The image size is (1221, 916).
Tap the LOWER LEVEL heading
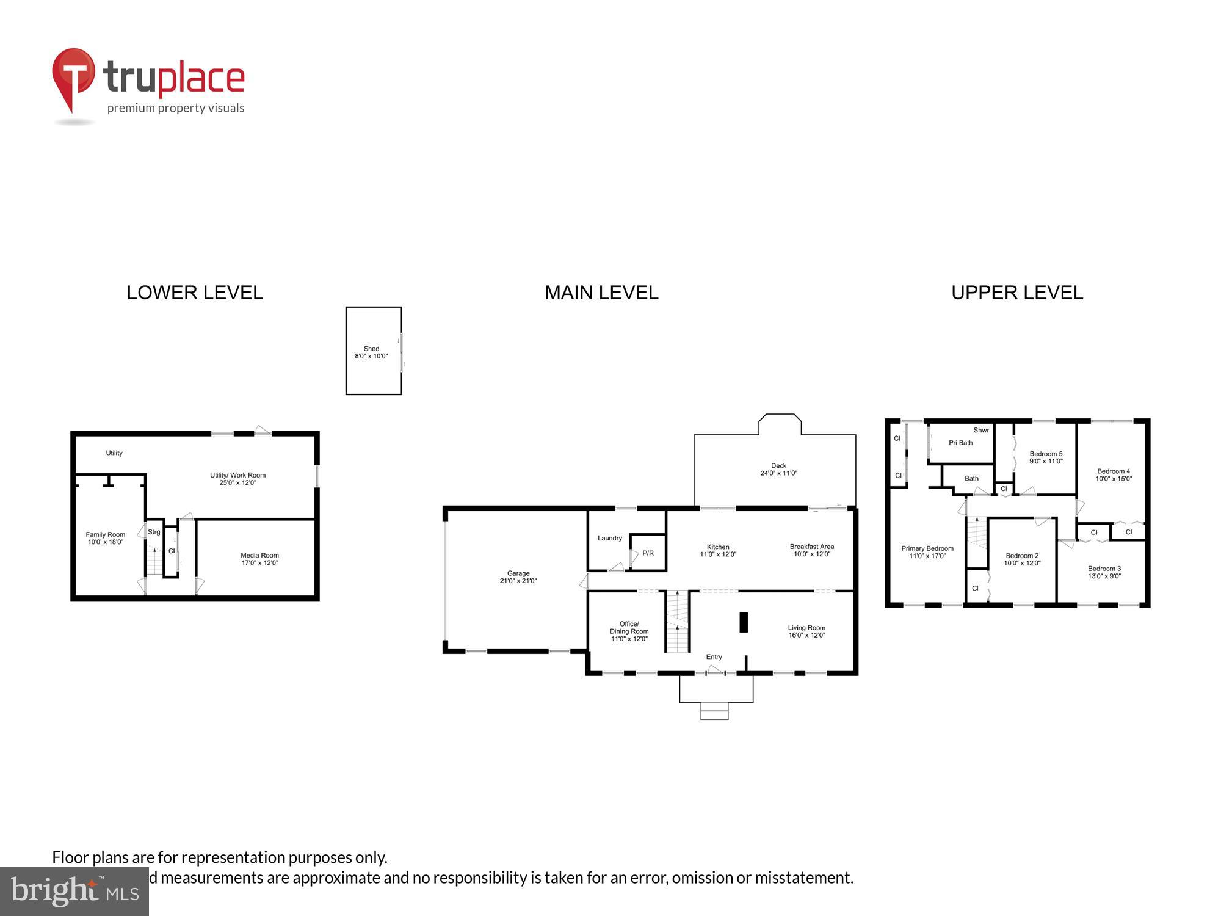(x=195, y=293)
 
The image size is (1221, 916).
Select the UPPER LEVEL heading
(x=1017, y=293)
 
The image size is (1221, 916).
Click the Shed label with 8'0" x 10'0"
(x=371, y=352)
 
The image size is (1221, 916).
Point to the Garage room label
(x=518, y=577)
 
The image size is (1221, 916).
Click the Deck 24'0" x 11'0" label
(x=778, y=469)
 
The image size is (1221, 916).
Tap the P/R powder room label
(x=648, y=553)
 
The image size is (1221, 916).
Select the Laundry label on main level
(x=609, y=538)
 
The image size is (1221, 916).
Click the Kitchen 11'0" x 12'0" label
(x=718, y=551)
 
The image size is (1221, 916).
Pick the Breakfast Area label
(x=811, y=550)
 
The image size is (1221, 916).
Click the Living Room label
(x=806, y=631)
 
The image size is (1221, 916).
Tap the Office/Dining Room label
(x=629, y=631)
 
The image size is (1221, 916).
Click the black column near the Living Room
(x=744, y=622)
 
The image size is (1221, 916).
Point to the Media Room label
(x=259, y=559)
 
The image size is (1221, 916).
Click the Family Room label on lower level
(x=105, y=538)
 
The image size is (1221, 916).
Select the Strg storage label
(x=154, y=532)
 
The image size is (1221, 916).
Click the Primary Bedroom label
(x=927, y=552)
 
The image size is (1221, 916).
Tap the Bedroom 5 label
(x=1046, y=457)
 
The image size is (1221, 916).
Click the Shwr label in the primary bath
(x=980, y=430)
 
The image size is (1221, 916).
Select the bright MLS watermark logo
(x=74, y=892)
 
